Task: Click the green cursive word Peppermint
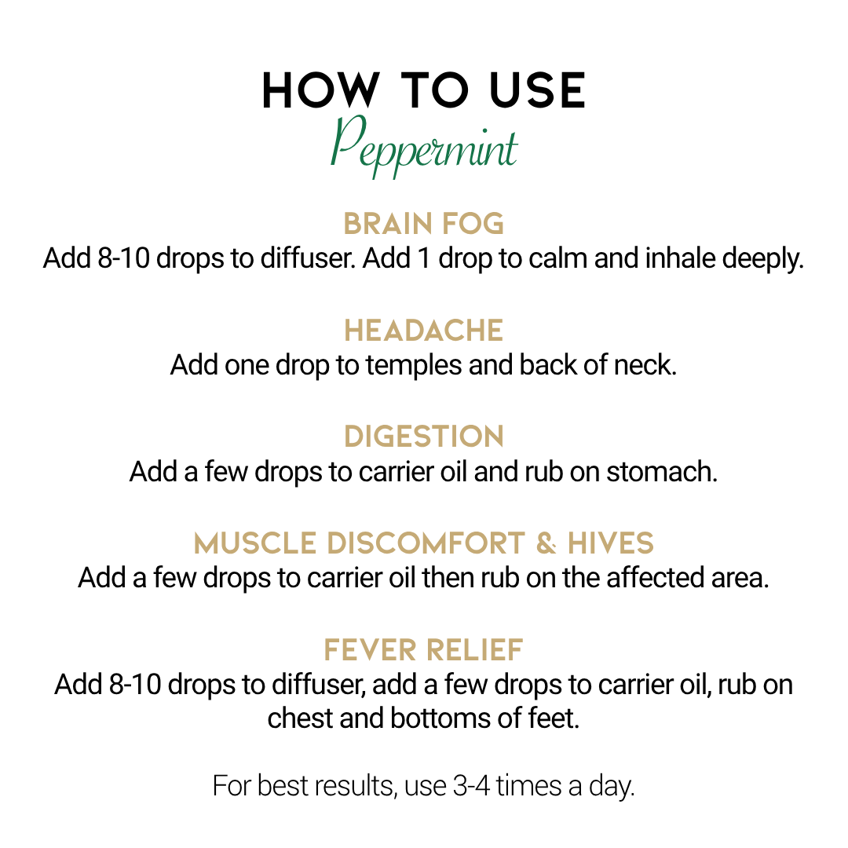[424, 146]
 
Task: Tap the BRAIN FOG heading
[424, 224]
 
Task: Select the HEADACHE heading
[424, 331]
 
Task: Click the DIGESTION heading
[424, 437]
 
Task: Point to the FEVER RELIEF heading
[423, 649]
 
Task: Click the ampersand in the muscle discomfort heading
[546, 543]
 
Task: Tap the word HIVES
[611, 543]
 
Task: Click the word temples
[414, 366]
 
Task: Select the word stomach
[662, 472]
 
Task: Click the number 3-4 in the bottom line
[471, 786]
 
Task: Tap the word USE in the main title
[537, 90]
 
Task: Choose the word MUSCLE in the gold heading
[254, 543]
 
